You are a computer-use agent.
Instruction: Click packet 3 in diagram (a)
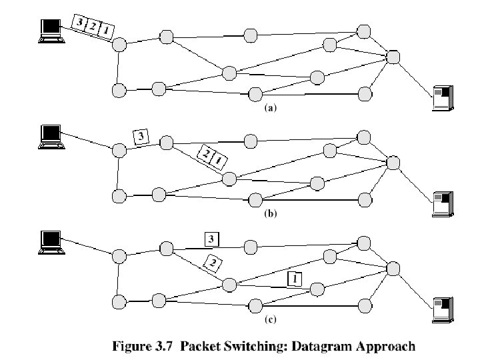tap(81, 23)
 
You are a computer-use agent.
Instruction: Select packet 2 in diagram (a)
tap(93, 27)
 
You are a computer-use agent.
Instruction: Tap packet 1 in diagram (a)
tap(105, 31)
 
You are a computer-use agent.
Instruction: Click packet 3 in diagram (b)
tap(141, 137)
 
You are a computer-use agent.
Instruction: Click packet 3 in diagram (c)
tap(211, 239)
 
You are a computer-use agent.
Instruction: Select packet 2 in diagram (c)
tap(213, 263)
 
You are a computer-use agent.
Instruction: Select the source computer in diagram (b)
tap(50, 135)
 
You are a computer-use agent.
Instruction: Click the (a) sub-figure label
tap(270, 109)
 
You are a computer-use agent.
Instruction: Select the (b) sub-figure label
tap(270, 215)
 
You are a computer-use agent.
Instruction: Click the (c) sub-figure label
tap(270, 320)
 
